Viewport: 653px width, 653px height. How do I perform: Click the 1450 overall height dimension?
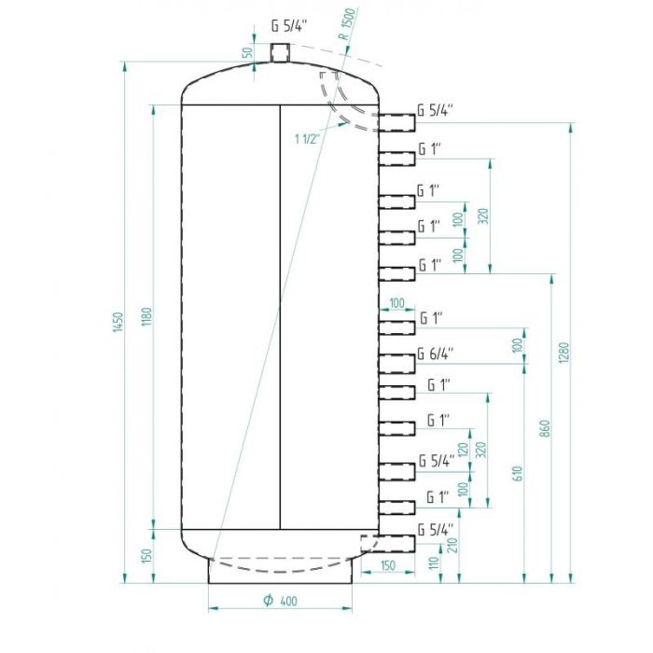click(x=118, y=322)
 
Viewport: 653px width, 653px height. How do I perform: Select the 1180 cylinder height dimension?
click(x=147, y=316)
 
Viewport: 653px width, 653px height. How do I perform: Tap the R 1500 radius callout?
click(x=347, y=24)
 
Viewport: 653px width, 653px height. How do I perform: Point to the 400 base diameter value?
click(x=288, y=601)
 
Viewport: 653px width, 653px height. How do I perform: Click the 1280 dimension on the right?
click(x=563, y=353)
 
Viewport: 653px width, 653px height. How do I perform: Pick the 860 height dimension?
click(x=545, y=428)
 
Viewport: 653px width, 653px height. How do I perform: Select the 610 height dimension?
click(x=517, y=474)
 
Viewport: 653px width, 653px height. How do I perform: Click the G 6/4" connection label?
click(x=436, y=354)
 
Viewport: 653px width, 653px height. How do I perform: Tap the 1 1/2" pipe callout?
click(x=307, y=139)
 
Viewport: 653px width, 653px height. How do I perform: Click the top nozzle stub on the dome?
click(x=280, y=53)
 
